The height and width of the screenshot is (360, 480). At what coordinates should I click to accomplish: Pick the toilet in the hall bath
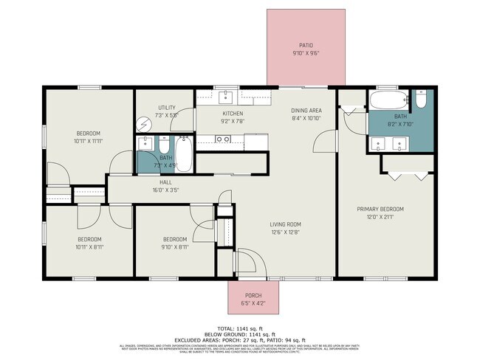pyautogui.click(x=163, y=143)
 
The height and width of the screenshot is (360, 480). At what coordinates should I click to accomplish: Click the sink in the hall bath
pyautogui.click(x=145, y=144)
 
